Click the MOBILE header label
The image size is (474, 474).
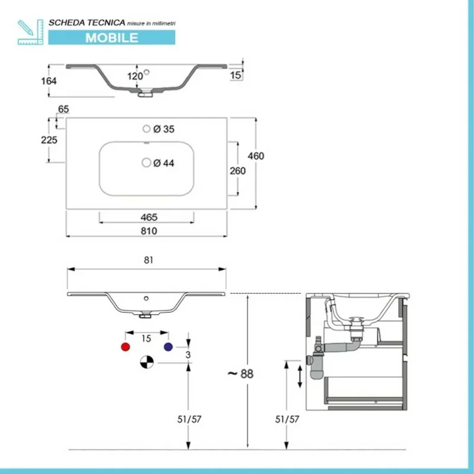pos(112,37)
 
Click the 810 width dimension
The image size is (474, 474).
pos(149,231)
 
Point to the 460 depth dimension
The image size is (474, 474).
pos(256,156)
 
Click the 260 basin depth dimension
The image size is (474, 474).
pos(238,170)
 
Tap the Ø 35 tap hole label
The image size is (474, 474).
pos(164,129)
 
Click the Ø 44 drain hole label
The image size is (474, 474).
pos(164,163)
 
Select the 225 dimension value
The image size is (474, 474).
pos(49,140)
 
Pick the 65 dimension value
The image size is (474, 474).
pos(63,109)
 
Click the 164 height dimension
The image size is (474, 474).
pos(49,81)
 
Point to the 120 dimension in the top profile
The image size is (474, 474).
pos(135,76)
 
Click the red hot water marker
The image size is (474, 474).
pos(125,347)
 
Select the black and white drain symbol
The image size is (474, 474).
pos(146,361)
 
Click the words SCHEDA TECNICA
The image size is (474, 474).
pos(87,22)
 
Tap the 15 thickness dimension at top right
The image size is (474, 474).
pos(236,75)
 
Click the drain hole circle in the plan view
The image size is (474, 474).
pos(146,162)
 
